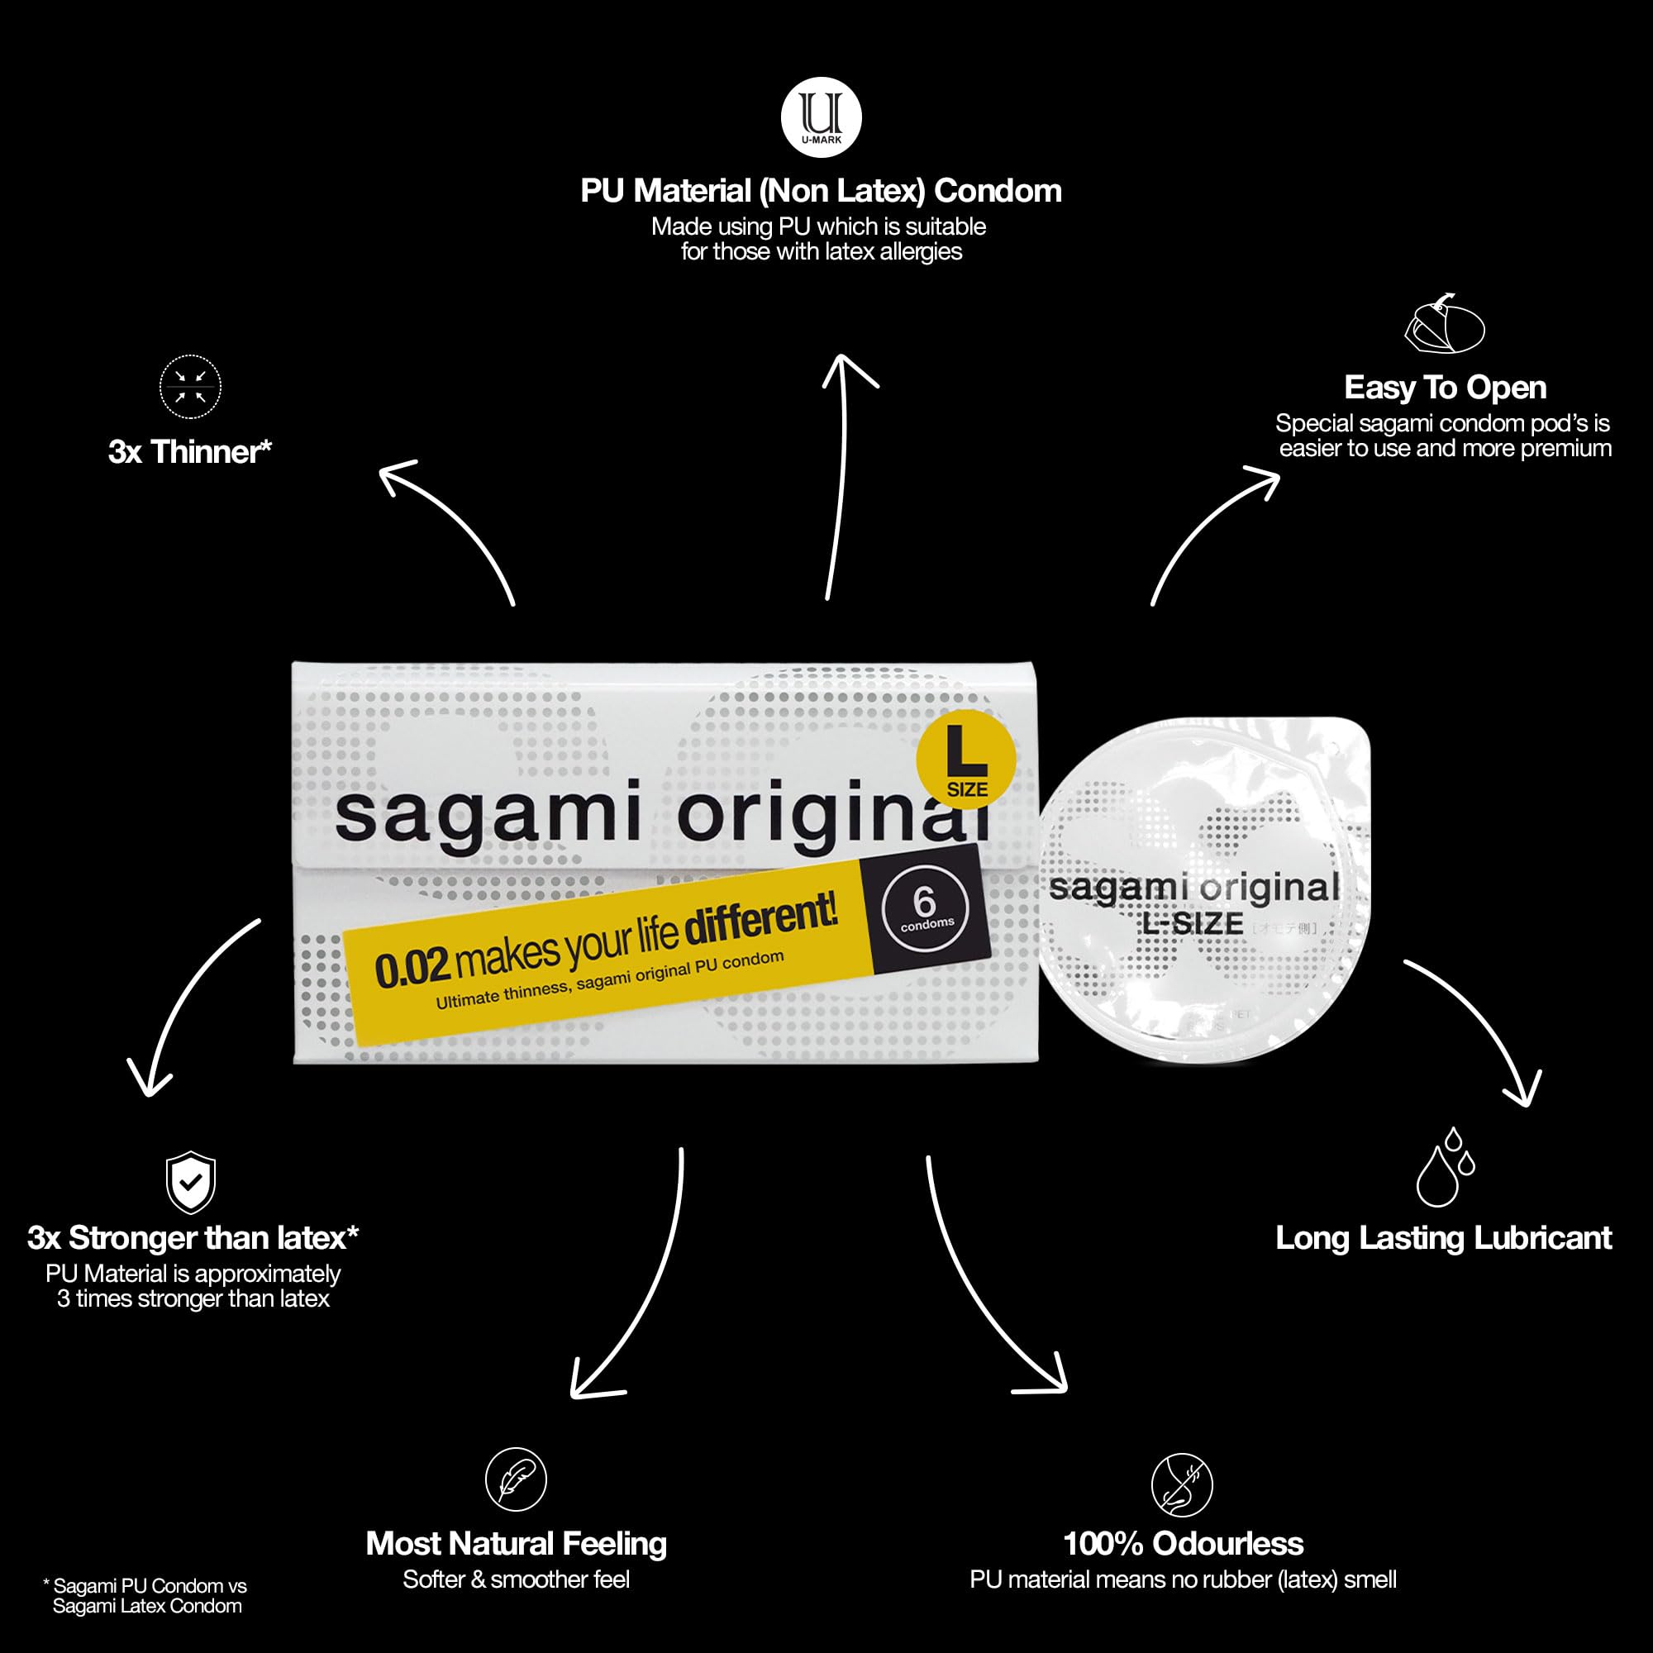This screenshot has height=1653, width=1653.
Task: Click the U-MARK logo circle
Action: click(x=822, y=117)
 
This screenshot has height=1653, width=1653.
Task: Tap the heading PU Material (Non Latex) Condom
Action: click(x=822, y=191)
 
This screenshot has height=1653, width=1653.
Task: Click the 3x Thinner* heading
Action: click(x=190, y=452)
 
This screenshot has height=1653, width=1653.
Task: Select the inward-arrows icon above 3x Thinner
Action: click(x=190, y=387)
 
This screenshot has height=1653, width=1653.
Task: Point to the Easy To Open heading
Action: click(x=1445, y=388)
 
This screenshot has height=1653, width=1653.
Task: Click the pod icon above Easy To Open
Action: click(x=1445, y=324)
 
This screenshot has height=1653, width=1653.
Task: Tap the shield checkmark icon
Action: click(x=190, y=1183)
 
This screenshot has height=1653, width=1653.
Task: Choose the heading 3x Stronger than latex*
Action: click(x=193, y=1238)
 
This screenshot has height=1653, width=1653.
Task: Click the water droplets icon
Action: click(x=1445, y=1168)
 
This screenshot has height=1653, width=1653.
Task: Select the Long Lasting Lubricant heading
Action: click(x=1443, y=1238)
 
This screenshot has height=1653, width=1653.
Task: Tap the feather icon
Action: click(x=516, y=1479)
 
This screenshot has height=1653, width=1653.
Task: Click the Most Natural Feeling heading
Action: click(x=516, y=1543)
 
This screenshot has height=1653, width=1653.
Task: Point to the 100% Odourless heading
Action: click(x=1184, y=1543)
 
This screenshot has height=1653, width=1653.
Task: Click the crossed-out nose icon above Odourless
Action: click(x=1182, y=1484)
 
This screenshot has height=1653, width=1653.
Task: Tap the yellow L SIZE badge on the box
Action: click(x=966, y=760)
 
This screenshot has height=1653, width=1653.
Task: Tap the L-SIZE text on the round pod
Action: click(x=1193, y=923)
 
